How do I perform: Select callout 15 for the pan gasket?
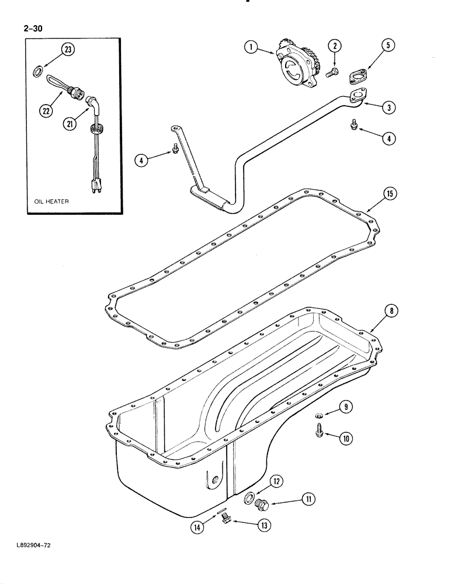(x=388, y=193)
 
